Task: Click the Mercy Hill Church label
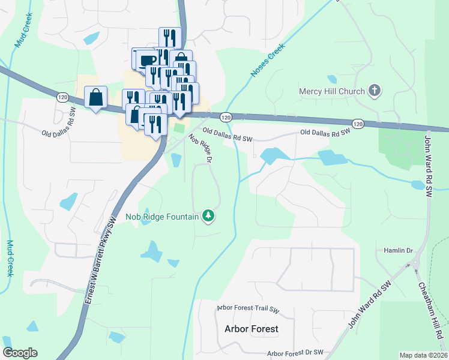332,91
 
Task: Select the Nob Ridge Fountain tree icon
208,215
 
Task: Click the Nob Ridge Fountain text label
161,217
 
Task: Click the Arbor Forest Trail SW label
249,310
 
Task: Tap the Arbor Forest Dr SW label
295,353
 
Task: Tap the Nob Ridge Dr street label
201,148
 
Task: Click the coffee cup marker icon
146,59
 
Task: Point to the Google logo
20,353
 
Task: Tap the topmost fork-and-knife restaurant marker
169,38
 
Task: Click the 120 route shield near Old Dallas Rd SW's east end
358,124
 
